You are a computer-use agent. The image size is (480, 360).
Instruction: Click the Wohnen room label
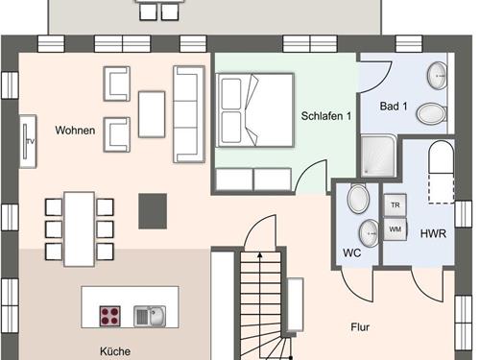pos(75,131)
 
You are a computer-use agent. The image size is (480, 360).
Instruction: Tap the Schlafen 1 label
pos(326,116)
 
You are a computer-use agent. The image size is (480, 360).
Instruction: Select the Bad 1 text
pos(394,106)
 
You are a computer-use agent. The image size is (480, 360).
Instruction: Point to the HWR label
pos(433,233)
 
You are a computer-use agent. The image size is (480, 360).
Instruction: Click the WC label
pos(351,252)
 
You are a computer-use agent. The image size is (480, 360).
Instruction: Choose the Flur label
pos(360,327)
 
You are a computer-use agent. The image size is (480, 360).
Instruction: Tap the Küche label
pos(115,351)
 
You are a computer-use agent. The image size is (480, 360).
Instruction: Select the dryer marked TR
pos(396,204)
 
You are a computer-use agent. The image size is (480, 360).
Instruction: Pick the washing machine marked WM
pos(396,229)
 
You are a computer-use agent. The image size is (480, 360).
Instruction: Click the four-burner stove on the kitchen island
pos(110,316)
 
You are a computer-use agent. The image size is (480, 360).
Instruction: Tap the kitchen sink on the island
pos(150,316)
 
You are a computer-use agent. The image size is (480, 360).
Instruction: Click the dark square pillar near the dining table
pos(153,211)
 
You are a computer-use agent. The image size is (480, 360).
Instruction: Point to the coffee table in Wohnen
pos(152,114)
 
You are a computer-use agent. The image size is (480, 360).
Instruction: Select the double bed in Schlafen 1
pos(255,110)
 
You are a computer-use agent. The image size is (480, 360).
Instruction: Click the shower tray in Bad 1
pos(379,156)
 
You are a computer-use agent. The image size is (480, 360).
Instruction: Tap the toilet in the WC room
pos(358,199)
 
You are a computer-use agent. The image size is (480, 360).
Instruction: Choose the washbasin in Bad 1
pos(437,76)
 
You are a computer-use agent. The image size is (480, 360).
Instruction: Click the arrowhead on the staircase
pos(260,255)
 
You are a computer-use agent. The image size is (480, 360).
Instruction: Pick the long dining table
pos(80,229)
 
